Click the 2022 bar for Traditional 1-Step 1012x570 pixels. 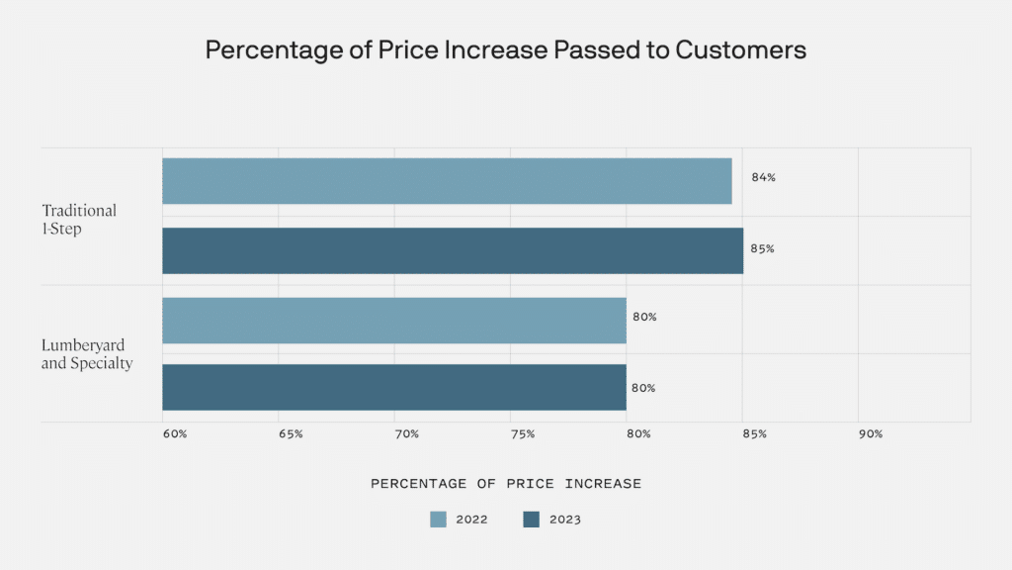tap(447, 181)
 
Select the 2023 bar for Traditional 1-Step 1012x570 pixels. tap(453, 250)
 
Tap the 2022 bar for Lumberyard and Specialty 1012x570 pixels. tap(394, 321)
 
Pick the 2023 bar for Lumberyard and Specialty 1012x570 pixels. tap(394, 387)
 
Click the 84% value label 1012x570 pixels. tap(763, 178)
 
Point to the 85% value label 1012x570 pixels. tap(762, 249)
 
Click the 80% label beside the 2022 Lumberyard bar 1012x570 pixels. tap(644, 318)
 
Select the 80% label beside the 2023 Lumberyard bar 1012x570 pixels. tap(643, 388)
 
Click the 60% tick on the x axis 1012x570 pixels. tap(174, 434)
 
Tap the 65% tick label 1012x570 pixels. tap(291, 434)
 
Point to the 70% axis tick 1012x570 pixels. tap(406, 434)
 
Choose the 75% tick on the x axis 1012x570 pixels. tap(523, 434)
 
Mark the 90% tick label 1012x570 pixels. tap(871, 434)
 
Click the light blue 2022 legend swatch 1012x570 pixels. tap(438, 520)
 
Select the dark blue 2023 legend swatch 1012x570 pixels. tap(532, 520)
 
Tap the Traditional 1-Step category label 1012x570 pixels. tap(79, 219)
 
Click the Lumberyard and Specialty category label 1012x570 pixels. tap(87, 354)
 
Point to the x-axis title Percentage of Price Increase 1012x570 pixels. tap(506, 484)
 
